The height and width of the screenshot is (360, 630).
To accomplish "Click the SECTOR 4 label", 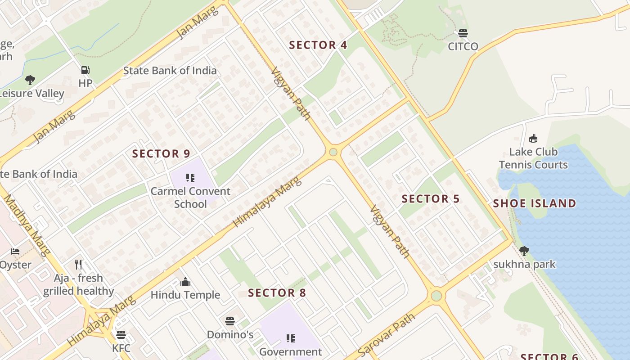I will (318, 45).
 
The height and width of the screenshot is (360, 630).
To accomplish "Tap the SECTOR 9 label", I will (161, 154).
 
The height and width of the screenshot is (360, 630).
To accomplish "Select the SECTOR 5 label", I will (431, 199).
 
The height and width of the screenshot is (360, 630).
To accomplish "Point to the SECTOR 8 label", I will (277, 293).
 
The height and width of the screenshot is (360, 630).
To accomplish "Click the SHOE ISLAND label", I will (534, 203).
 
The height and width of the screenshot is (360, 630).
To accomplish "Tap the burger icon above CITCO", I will (463, 33).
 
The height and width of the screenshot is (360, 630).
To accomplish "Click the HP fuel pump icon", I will (85, 70).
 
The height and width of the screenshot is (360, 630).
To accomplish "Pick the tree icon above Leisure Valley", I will (30, 80).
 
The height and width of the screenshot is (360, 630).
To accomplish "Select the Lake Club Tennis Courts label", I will (533, 158).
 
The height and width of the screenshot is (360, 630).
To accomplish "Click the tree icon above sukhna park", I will (524, 251).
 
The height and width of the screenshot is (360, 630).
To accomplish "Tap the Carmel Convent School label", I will (190, 198).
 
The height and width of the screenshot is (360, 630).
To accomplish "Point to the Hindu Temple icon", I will (185, 282).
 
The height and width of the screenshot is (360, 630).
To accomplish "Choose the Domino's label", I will (230, 335).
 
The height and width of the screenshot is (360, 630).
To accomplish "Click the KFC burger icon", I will (121, 335).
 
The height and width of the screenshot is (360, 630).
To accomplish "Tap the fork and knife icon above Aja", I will (79, 264).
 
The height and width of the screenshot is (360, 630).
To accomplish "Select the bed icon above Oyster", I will (15, 251).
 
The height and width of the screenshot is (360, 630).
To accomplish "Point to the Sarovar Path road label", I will (386, 335).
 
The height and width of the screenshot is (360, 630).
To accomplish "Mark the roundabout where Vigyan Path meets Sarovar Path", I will (436, 296).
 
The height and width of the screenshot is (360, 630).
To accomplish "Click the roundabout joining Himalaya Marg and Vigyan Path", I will (333, 152).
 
